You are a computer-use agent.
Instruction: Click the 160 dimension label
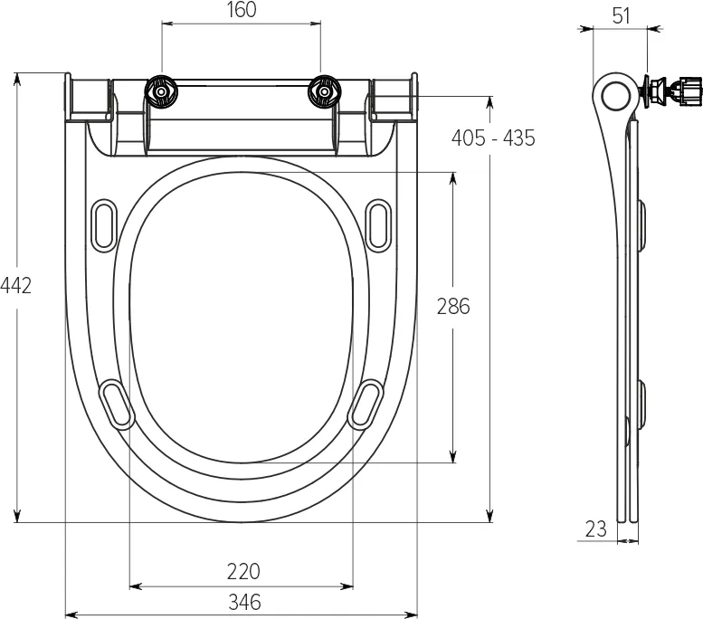click(x=242, y=10)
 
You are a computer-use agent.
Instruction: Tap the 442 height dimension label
click(x=15, y=286)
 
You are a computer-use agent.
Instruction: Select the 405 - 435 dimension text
click(x=493, y=138)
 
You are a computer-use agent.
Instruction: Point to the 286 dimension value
click(x=453, y=307)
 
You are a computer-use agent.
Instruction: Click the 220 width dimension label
click(x=243, y=571)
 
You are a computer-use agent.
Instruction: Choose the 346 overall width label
click(x=244, y=602)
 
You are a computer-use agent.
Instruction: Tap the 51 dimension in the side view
click(x=621, y=16)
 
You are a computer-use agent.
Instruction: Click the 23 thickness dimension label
click(x=596, y=529)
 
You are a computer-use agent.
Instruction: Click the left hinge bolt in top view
click(x=161, y=92)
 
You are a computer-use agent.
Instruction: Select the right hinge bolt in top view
click(x=324, y=92)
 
